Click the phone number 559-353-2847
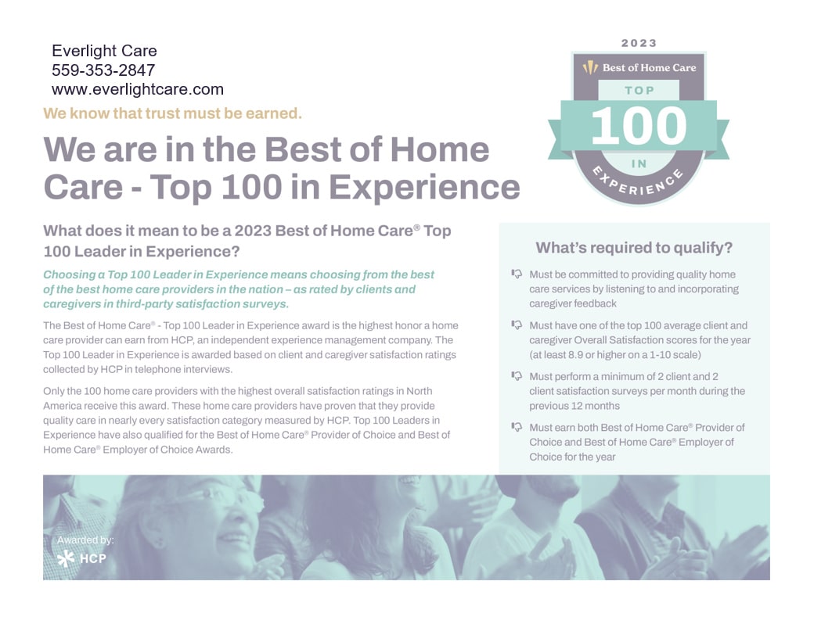click(103, 70)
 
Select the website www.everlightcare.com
click(138, 89)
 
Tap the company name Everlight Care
click(104, 51)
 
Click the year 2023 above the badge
click(639, 43)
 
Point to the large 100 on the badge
click(639, 126)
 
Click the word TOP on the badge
click(639, 90)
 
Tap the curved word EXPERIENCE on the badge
click(638, 182)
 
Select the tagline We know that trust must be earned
click(172, 113)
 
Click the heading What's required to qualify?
click(634, 247)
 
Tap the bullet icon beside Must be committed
click(517, 274)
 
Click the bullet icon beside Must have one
click(517, 325)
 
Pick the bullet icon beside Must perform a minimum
click(517, 375)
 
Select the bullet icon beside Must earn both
click(517, 426)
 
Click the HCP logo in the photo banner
click(81, 558)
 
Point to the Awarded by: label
click(85, 540)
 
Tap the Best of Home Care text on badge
click(649, 67)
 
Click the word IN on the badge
click(639, 164)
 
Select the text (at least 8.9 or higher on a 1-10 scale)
click(615, 355)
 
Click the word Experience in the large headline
click(424, 187)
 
